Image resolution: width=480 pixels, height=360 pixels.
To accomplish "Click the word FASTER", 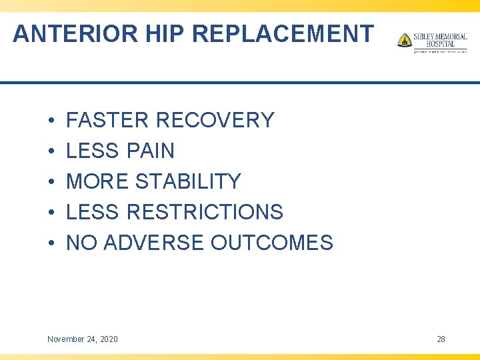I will (x=108, y=121).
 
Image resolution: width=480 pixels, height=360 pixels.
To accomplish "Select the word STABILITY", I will (x=188, y=182).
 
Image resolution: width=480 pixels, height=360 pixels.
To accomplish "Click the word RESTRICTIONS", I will (x=205, y=213).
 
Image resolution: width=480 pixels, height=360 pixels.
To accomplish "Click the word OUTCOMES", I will (x=271, y=243).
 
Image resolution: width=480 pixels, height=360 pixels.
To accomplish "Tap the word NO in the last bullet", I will (x=81, y=243).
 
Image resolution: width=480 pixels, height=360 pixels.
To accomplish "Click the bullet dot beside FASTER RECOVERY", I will (x=51, y=121).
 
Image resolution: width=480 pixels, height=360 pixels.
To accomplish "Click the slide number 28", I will (x=441, y=339).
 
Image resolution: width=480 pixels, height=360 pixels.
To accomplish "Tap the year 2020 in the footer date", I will (x=107, y=339).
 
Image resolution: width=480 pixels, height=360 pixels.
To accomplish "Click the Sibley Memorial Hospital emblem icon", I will (x=405, y=40).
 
